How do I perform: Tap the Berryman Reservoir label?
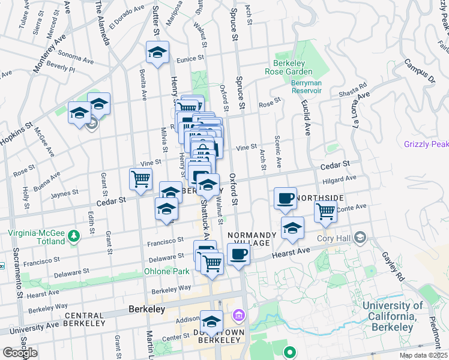(307, 86)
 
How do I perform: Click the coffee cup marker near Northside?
(285, 197)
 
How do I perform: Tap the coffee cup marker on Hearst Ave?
(239, 254)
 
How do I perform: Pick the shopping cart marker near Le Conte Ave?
(325, 211)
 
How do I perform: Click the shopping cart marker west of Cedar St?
(140, 178)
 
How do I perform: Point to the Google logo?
(20, 353)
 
